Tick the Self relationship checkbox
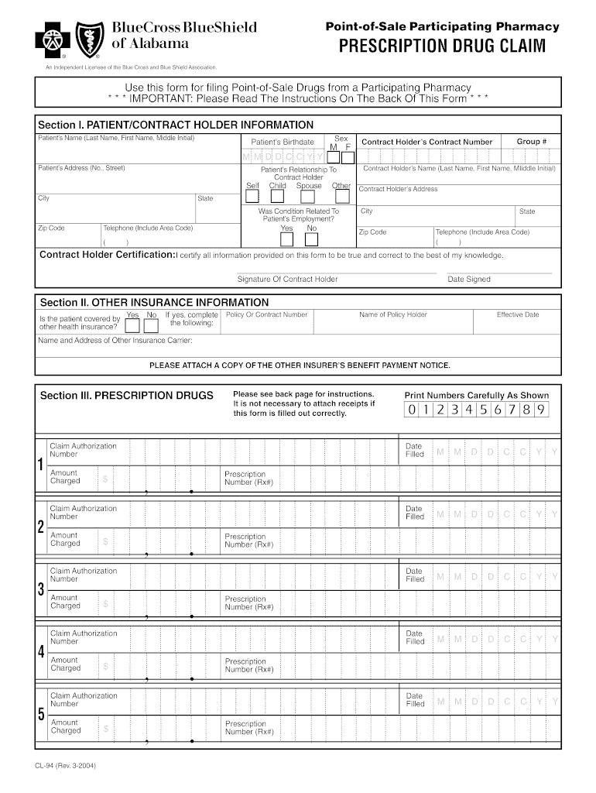[x=253, y=196]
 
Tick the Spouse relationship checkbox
[x=310, y=196]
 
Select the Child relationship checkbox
[x=277, y=196]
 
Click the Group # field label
[x=532, y=142]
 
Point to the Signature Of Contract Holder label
[x=287, y=280]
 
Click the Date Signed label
[x=469, y=280]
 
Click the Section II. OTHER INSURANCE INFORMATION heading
[x=154, y=302]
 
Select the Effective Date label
[x=518, y=314]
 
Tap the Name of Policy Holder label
[x=393, y=314]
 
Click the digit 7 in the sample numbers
[x=512, y=410]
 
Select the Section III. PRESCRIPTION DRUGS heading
[x=126, y=396]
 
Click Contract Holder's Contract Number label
[x=427, y=142]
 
